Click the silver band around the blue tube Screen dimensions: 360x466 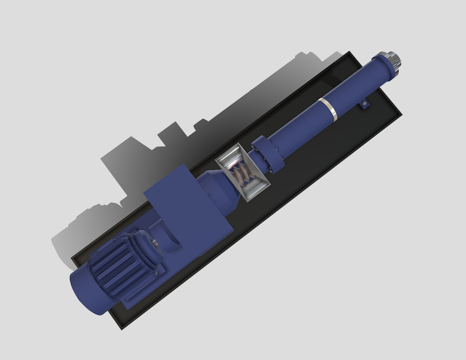[328, 109]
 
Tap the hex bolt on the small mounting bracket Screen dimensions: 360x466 [365, 103]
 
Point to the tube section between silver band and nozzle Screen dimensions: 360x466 [355, 88]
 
